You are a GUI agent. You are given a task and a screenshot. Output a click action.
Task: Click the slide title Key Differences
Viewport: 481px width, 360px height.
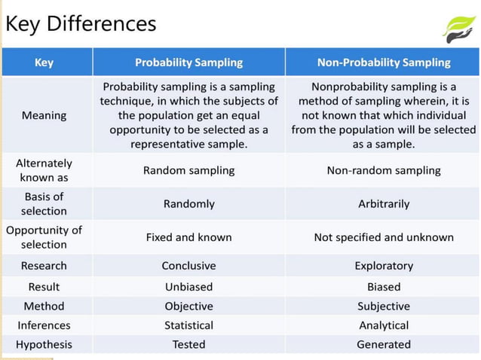81,23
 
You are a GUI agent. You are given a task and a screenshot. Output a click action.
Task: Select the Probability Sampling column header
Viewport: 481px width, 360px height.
188,63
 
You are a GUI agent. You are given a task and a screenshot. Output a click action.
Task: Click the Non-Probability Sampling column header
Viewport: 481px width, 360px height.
384,63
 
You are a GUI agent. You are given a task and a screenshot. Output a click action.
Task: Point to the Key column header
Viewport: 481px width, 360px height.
44,63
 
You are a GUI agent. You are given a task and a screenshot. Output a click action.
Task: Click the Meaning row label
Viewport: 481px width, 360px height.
44,115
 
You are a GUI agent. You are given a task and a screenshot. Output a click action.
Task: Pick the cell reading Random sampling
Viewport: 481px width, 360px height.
188,170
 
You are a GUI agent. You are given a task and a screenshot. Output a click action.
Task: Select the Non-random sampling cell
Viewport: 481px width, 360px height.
384,170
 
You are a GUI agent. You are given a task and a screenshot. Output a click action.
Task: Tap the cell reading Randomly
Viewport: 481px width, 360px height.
188,203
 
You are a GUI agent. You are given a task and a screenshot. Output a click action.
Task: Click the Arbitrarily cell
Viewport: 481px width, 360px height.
384,203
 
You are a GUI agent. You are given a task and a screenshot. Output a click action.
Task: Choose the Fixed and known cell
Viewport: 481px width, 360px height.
188,237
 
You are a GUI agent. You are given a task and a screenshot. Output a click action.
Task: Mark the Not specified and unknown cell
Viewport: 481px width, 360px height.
384,237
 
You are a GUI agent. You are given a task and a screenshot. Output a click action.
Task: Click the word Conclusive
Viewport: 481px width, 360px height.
188,266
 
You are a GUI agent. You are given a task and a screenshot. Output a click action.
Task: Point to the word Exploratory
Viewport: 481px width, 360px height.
384,266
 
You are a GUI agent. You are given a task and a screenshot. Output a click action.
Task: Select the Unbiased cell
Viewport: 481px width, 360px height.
188,287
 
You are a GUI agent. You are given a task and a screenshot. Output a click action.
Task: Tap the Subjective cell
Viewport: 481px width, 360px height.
384,307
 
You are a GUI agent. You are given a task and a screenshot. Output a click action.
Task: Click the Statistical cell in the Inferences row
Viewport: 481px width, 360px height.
188,325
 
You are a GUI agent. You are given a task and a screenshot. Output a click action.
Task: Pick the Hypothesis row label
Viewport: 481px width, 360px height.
44,344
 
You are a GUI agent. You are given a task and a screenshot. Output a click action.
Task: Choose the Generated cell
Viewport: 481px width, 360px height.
384,344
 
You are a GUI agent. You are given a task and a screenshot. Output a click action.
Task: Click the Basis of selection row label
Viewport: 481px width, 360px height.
44,203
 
